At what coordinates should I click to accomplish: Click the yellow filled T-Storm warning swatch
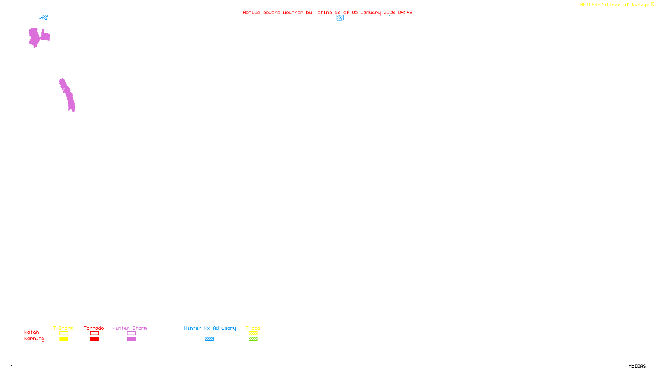pos(64,339)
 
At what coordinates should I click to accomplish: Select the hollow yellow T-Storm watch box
pos(64,333)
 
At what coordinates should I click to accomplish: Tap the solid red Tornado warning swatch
pos(94,339)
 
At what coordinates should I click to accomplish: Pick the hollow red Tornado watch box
pos(94,333)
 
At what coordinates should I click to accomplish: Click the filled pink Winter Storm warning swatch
pos(131,339)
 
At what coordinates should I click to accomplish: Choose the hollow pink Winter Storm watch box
pos(131,333)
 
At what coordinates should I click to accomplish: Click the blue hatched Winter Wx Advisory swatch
pos(209,339)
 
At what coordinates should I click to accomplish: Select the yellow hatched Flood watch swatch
pos(253,333)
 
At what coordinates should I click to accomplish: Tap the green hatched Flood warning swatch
pos(253,339)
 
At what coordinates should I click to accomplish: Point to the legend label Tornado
pos(94,328)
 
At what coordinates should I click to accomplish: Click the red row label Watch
pos(32,333)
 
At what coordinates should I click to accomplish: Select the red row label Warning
pos(34,339)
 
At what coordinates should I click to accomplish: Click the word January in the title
pos(371,13)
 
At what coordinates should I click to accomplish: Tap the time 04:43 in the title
pos(405,13)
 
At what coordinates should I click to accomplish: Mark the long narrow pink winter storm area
pos(67,95)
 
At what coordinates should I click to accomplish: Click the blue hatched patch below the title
pos(340,18)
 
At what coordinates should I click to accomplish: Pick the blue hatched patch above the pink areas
pos(44,17)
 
